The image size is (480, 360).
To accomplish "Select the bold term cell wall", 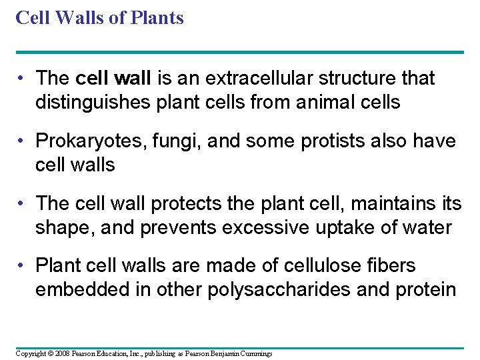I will coord(115,79).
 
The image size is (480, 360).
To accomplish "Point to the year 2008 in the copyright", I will coord(62,353).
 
